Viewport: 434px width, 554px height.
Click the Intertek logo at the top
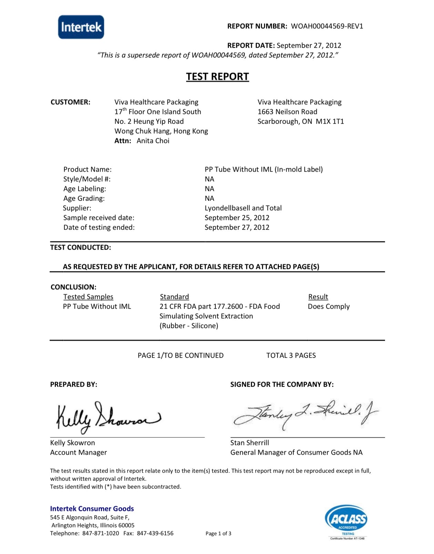click(81, 27)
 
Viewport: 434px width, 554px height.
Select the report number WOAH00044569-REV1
click(327, 26)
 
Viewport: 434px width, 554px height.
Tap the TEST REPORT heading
click(218, 76)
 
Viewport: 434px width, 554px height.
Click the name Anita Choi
click(153, 141)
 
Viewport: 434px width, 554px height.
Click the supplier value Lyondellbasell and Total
click(243, 208)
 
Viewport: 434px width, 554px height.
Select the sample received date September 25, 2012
click(237, 218)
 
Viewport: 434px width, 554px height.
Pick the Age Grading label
click(84, 198)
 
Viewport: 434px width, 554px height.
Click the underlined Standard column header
click(174, 297)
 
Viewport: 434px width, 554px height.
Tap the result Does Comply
click(329, 307)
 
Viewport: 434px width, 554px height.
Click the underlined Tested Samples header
click(88, 297)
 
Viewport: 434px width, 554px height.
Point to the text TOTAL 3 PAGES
click(291, 356)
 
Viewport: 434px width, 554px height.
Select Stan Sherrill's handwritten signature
click(305, 414)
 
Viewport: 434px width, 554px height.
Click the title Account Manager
click(79, 453)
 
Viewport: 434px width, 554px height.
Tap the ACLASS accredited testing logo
click(346, 522)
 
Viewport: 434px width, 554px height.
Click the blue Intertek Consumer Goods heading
click(92, 508)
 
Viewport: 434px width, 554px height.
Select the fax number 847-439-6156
click(155, 533)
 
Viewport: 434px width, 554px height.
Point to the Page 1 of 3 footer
click(218, 534)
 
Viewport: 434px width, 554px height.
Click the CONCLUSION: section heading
click(73, 287)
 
